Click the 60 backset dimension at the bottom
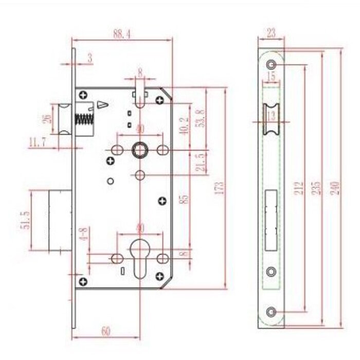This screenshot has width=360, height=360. click(105, 331)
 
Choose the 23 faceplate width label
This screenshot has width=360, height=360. click(271, 33)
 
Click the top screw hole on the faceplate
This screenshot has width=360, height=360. click(271, 65)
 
